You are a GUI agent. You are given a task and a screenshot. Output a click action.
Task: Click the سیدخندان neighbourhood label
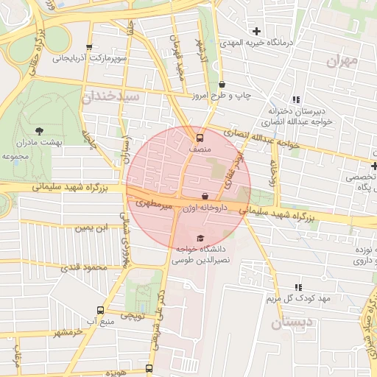click(x=111, y=96)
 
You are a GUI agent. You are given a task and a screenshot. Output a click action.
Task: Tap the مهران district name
click(x=343, y=59)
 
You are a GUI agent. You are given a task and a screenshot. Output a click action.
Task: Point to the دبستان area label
click(x=286, y=323)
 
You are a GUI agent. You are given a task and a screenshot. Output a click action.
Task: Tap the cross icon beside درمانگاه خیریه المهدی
click(x=256, y=31)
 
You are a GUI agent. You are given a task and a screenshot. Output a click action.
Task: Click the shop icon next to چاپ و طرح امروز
click(x=222, y=85)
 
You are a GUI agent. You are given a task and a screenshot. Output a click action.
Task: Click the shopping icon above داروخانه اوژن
click(x=204, y=196)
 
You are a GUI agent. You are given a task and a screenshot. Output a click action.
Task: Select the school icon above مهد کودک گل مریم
click(x=298, y=286)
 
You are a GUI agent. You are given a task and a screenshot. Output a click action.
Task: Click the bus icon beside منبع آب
click(x=101, y=310)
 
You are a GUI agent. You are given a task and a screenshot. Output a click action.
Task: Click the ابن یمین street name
click(x=92, y=228)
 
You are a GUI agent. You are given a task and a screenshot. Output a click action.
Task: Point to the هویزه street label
click(x=118, y=372)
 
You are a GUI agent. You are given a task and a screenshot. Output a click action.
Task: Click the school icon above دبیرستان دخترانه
click(x=296, y=100)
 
